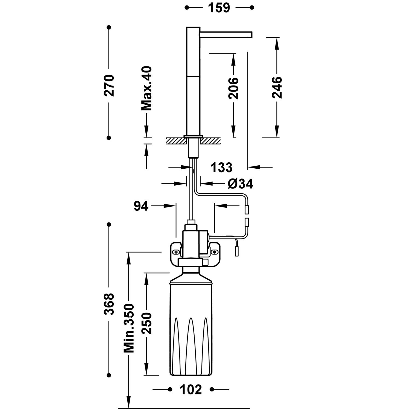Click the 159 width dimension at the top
219,8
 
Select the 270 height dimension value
109,85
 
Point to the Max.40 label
147,88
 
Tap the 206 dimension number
233,88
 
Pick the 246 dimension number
277,87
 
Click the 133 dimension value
221,167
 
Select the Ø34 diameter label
240,184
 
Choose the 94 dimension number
141,206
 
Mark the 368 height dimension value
109,304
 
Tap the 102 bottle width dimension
191,389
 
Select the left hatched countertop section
175,141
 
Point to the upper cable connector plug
247,210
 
